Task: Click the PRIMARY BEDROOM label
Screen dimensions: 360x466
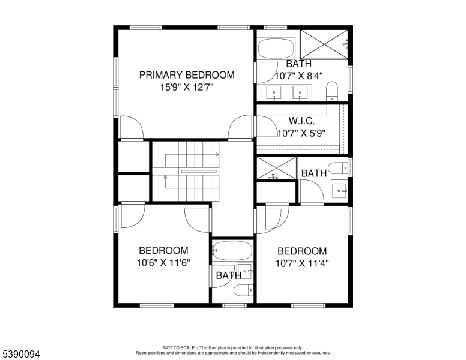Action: click(x=187, y=75)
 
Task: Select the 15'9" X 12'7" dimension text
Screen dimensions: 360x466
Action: click(x=187, y=87)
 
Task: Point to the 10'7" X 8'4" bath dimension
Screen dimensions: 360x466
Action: click(x=299, y=76)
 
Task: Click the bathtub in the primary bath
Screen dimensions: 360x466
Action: click(x=276, y=48)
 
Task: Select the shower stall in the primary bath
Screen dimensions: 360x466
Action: click(x=324, y=44)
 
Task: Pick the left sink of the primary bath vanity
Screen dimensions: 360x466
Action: click(x=274, y=93)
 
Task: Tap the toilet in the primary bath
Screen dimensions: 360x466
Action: click(x=333, y=92)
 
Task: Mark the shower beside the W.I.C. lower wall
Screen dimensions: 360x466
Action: click(x=276, y=168)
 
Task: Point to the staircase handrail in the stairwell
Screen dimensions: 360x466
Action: click(x=199, y=172)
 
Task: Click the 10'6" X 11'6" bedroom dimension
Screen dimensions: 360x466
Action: click(x=163, y=263)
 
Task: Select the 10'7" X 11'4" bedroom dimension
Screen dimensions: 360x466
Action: click(x=302, y=263)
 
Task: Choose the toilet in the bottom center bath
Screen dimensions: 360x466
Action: click(x=243, y=291)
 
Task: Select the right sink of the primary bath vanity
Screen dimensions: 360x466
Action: click(x=300, y=93)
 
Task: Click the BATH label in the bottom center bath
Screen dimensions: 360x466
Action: click(x=228, y=275)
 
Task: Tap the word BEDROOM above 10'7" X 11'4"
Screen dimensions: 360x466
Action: click(x=302, y=251)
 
